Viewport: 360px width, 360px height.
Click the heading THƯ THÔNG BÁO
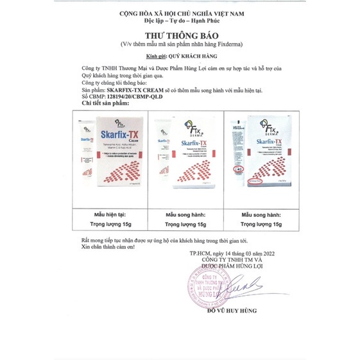[180, 36]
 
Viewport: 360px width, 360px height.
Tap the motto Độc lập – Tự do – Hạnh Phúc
[180, 21]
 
